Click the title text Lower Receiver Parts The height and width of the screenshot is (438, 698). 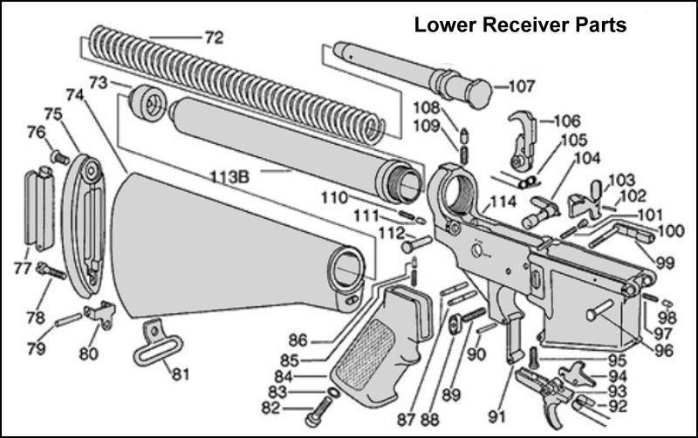coord(519,25)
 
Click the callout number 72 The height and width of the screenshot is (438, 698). coord(213,38)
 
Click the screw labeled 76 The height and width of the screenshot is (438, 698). coord(60,157)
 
